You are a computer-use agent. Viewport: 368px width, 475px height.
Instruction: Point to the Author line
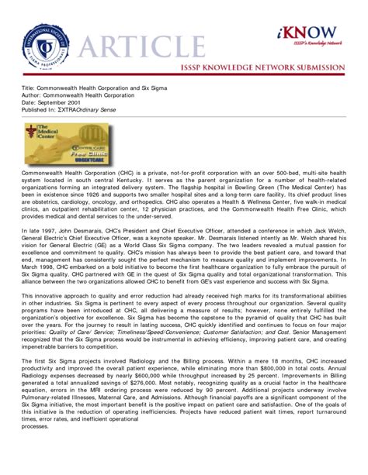click(x=82, y=99)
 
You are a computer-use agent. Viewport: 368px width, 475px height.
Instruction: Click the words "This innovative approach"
click(x=55, y=294)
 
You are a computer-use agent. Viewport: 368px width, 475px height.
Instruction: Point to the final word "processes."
click(x=36, y=448)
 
